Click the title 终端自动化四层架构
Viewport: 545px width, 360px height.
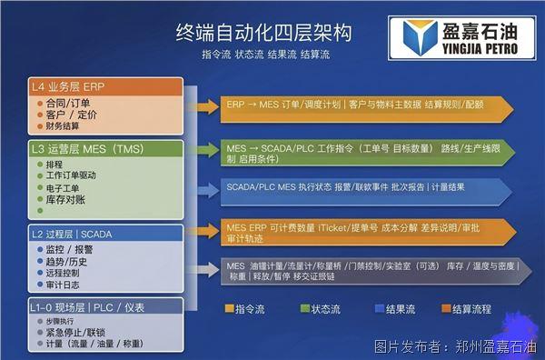tap(264, 34)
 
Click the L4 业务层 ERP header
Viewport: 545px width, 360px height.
tap(69, 87)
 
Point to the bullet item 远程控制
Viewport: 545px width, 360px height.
tap(63, 272)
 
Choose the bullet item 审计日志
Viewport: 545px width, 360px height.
tap(63, 285)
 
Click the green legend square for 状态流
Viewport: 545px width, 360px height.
tap(305, 309)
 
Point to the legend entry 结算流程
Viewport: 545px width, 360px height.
tap(464, 309)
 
